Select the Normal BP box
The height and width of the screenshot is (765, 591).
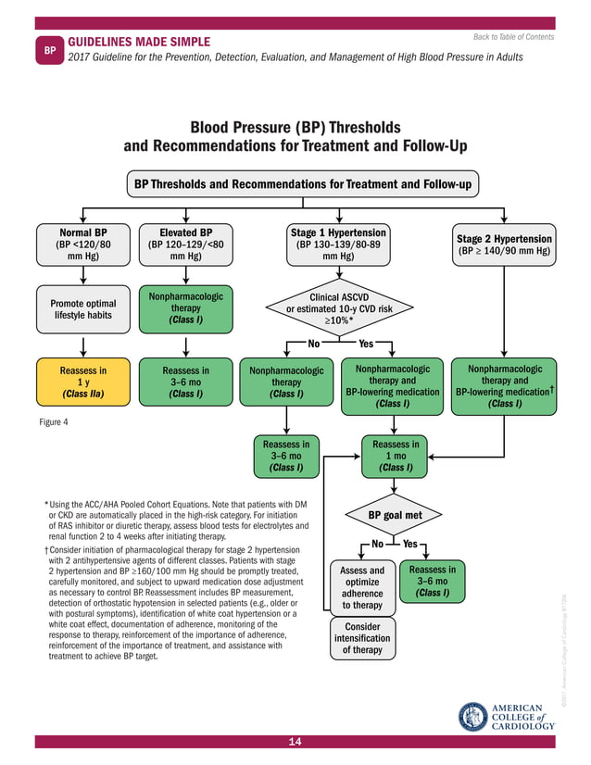[83, 244]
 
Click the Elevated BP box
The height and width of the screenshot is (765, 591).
[186, 244]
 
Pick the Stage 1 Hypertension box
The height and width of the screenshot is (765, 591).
[338, 244]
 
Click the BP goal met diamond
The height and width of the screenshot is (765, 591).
[396, 515]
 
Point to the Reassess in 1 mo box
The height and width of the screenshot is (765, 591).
[396, 456]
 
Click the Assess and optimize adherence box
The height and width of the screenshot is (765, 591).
[362, 588]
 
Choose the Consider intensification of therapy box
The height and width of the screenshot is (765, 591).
[362, 638]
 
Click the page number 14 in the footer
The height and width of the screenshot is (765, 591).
[295, 742]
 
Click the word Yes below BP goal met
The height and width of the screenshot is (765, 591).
[411, 544]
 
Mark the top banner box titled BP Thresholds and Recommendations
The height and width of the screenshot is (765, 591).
[302, 184]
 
